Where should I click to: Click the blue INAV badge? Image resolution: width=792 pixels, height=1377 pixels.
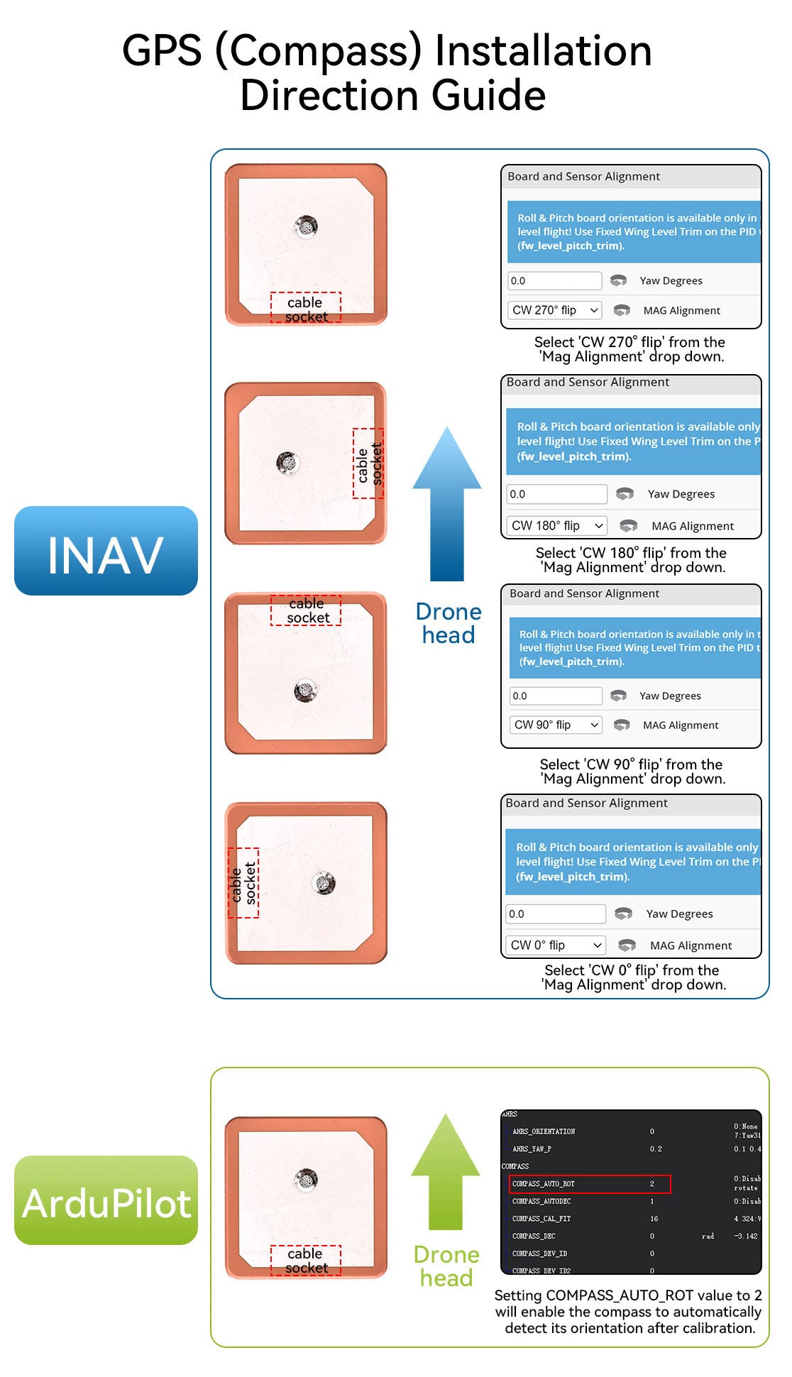point(106,551)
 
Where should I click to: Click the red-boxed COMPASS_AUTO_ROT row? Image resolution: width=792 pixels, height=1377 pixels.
point(589,1184)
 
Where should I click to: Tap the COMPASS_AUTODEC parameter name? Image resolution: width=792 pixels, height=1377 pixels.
point(541,1201)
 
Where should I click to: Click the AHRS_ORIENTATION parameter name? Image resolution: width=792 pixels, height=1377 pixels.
point(544,1131)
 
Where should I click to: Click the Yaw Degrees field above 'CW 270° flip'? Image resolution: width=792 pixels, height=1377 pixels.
point(554,280)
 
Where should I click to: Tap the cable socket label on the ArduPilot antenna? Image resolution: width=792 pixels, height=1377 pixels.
point(306,1261)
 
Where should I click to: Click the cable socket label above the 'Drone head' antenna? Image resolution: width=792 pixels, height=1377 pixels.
point(306,610)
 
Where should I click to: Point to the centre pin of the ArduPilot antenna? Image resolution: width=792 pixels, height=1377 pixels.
point(306,1179)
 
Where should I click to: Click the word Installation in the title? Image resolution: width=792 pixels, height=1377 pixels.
point(543,51)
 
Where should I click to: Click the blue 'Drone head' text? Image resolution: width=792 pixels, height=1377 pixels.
point(449,623)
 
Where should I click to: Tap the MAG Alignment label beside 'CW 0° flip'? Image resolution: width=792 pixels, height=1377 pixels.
point(691,945)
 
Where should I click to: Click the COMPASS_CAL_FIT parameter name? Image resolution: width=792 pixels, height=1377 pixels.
point(541,1219)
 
